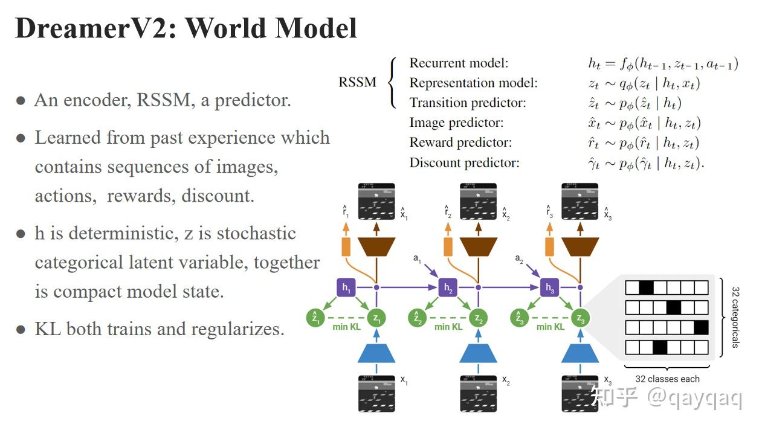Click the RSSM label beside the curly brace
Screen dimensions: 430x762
[357, 82]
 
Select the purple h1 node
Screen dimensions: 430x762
[346, 288]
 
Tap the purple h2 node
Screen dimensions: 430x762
[448, 288]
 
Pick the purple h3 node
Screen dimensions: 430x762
[549, 288]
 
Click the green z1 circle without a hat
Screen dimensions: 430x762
[376, 318]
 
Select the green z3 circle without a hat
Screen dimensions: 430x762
[580, 318]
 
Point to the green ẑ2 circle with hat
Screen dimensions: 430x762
[416, 318]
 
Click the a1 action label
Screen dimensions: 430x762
[417, 258]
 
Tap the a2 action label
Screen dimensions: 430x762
[519, 258]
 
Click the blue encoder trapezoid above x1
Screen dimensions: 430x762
[376, 351]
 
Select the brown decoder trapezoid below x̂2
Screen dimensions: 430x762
[478, 245]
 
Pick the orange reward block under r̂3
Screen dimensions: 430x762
[549, 246]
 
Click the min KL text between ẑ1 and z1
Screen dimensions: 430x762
[346, 327]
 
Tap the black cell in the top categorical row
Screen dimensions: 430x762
[646, 287]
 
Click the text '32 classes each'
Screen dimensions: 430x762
[667, 379]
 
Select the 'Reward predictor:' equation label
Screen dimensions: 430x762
[460, 143]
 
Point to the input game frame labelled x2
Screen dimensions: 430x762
[478, 393]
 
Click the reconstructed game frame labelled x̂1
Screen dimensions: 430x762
[376, 201]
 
